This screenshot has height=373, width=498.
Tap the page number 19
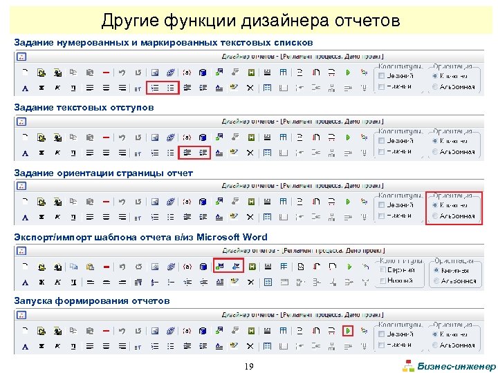tap(248, 365)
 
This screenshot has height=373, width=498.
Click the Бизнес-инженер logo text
tap(457, 366)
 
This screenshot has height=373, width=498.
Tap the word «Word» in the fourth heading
tap(253, 237)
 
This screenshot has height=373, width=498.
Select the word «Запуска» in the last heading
tap(33, 301)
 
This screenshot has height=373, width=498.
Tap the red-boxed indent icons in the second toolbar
tap(195, 152)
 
